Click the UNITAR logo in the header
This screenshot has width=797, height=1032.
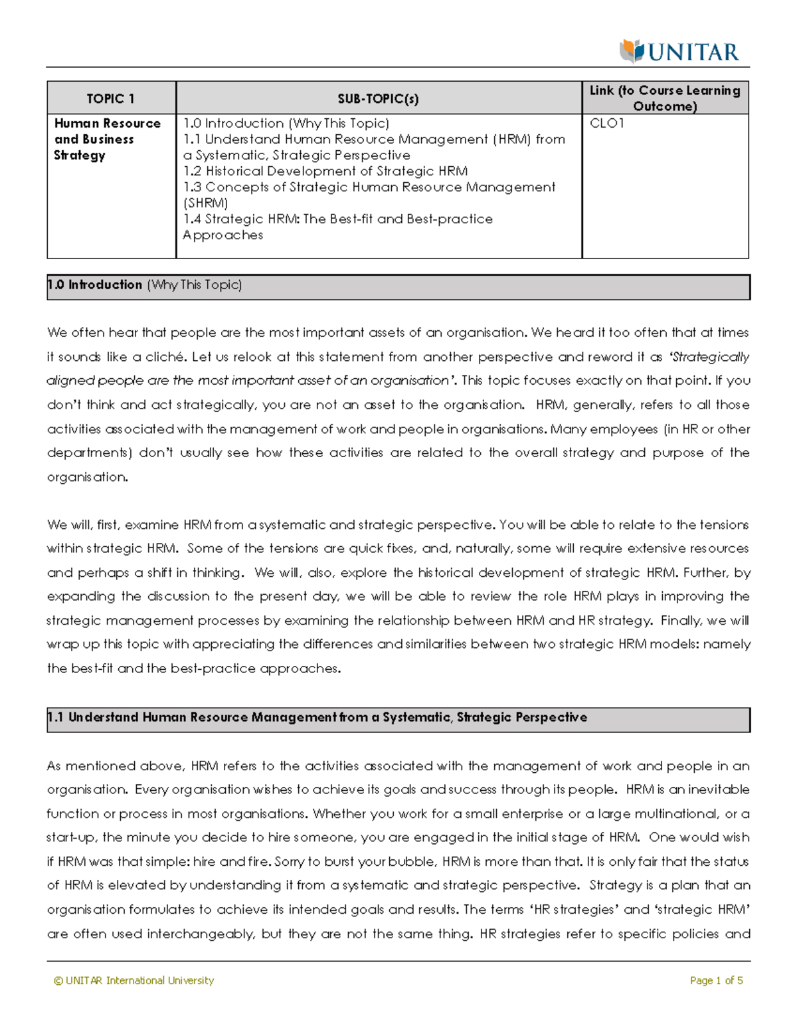tap(679, 51)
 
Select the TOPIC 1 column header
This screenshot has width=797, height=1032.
tap(110, 99)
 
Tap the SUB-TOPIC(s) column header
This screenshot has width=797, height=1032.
tap(378, 99)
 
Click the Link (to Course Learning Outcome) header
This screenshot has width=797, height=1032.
tap(665, 98)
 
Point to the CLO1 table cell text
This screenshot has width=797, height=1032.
tap(606, 124)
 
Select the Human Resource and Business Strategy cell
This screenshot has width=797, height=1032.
tap(107, 140)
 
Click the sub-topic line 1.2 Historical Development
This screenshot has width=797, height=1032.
tap(325, 171)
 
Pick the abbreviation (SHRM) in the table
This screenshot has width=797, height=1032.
tap(205, 203)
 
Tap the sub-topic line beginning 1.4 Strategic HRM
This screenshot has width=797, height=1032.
tap(337, 219)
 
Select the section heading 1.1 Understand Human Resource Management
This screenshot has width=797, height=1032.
tap(317, 718)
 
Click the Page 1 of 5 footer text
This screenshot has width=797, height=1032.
tap(716, 981)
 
